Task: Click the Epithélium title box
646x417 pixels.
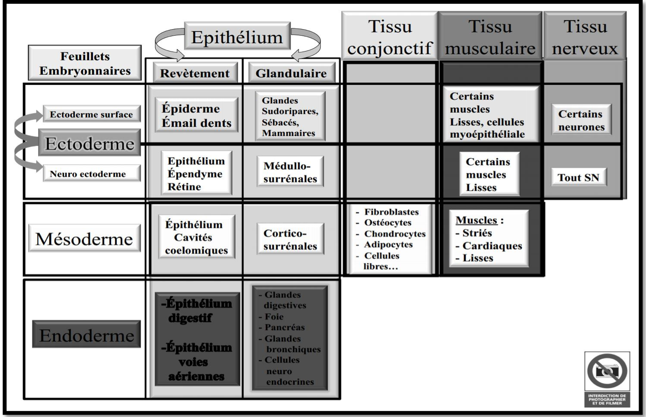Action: point(237,38)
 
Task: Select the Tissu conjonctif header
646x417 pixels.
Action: point(389,37)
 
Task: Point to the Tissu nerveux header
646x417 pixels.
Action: point(585,37)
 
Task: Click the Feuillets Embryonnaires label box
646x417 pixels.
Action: point(85,63)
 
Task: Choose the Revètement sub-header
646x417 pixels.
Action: point(195,73)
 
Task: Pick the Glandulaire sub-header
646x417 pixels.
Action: point(291,73)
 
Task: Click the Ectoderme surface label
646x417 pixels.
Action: point(91,115)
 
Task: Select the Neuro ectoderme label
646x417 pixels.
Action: point(88,174)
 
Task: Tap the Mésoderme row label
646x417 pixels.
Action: point(85,239)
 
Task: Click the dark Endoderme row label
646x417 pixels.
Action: point(87,335)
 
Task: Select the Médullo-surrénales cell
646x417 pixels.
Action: point(290,172)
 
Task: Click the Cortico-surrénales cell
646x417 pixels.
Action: point(290,239)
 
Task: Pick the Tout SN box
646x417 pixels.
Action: point(579,178)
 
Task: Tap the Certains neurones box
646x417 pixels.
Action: point(580,121)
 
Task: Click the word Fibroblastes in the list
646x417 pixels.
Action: point(391,212)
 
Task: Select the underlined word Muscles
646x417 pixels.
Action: point(476,220)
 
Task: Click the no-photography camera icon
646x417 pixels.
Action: point(607,371)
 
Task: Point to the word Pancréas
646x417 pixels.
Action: point(284,327)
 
